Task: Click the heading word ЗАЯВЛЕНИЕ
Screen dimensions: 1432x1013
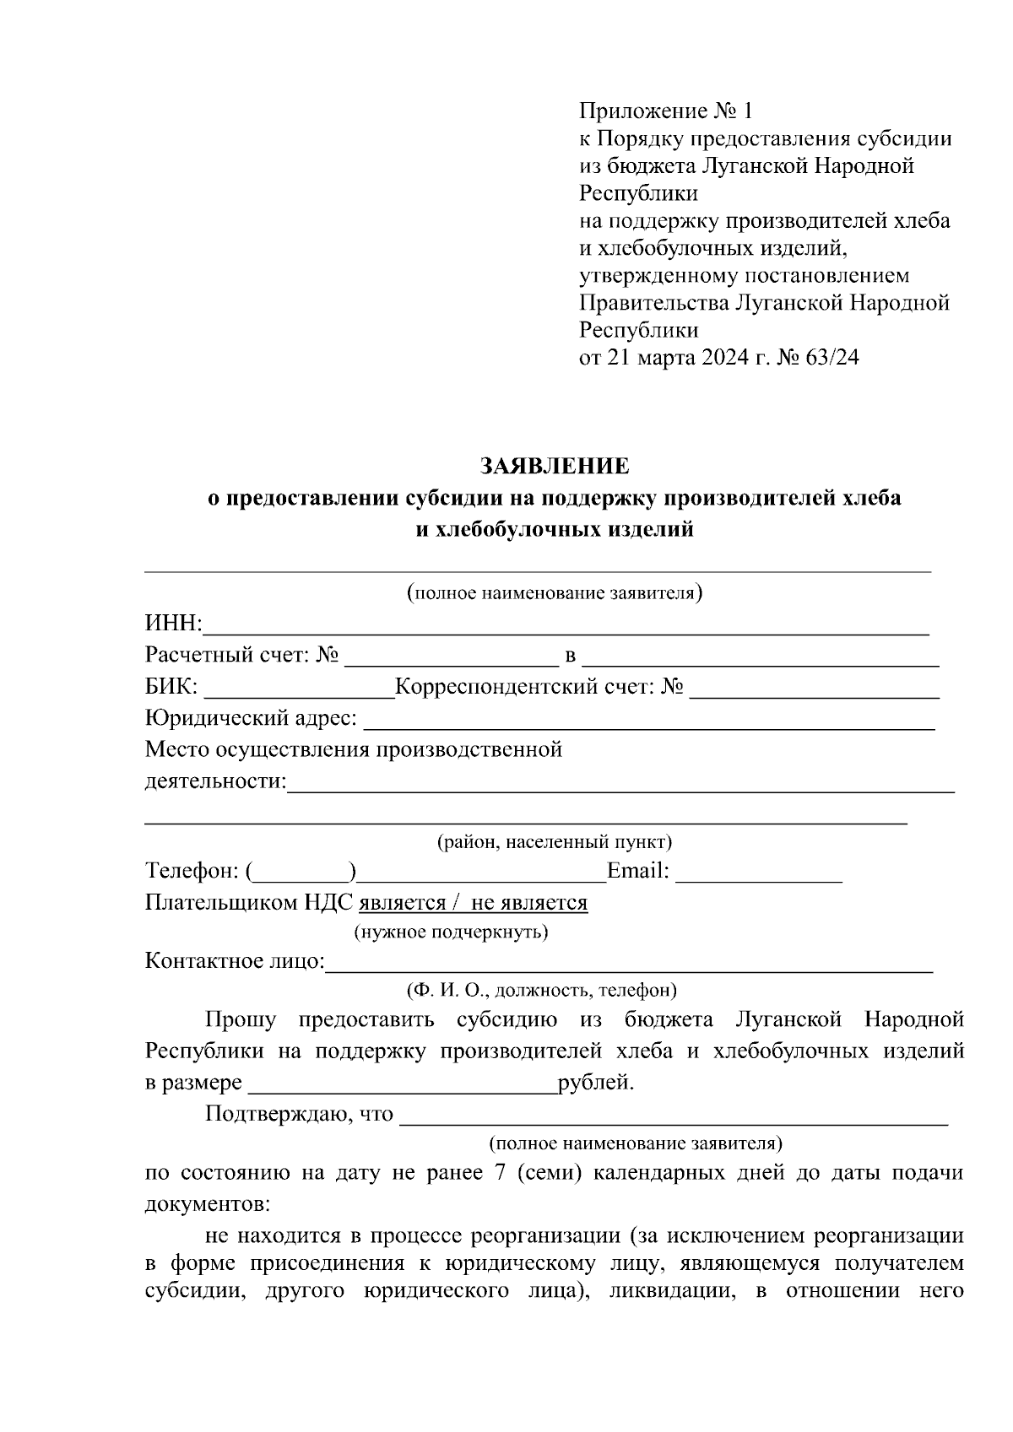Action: coord(554,466)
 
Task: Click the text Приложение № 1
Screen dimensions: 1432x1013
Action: coord(664,111)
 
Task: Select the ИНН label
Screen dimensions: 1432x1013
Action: coord(172,624)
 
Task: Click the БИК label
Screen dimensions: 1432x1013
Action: coord(171,688)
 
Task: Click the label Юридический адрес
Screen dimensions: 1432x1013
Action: coord(250,719)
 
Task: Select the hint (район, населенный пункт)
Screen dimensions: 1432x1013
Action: coord(554,842)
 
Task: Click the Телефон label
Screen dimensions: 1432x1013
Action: coord(193,871)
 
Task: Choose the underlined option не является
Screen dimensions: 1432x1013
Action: coord(528,903)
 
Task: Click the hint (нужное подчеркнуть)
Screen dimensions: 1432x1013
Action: coord(450,932)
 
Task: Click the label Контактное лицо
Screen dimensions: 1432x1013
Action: coord(234,961)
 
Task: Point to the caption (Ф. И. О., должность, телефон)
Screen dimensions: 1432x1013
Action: coord(541,990)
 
